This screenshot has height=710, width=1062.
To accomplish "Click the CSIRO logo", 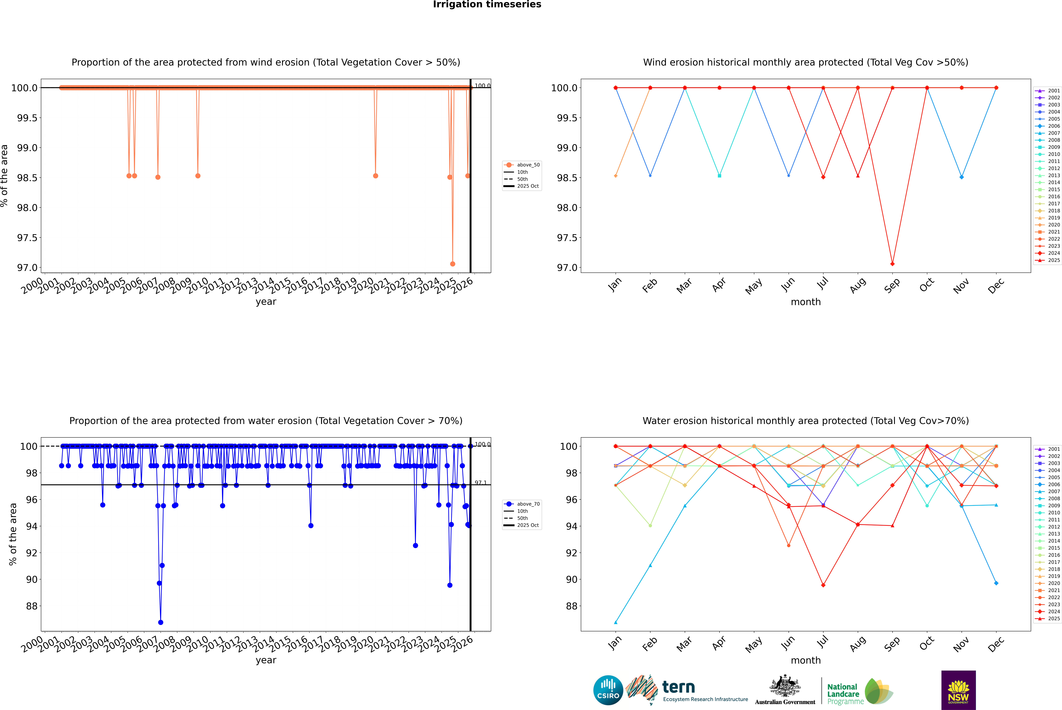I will (608, 690).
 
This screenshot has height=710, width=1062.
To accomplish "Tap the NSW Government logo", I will (958, 690).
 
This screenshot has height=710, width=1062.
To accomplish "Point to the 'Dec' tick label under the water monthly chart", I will (996, 644).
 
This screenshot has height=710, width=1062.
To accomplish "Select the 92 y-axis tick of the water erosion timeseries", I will (32, 553).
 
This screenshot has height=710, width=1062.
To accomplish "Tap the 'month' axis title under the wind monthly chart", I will (805, 302).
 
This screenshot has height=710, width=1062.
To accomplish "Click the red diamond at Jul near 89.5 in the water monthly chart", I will (823, 585).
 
